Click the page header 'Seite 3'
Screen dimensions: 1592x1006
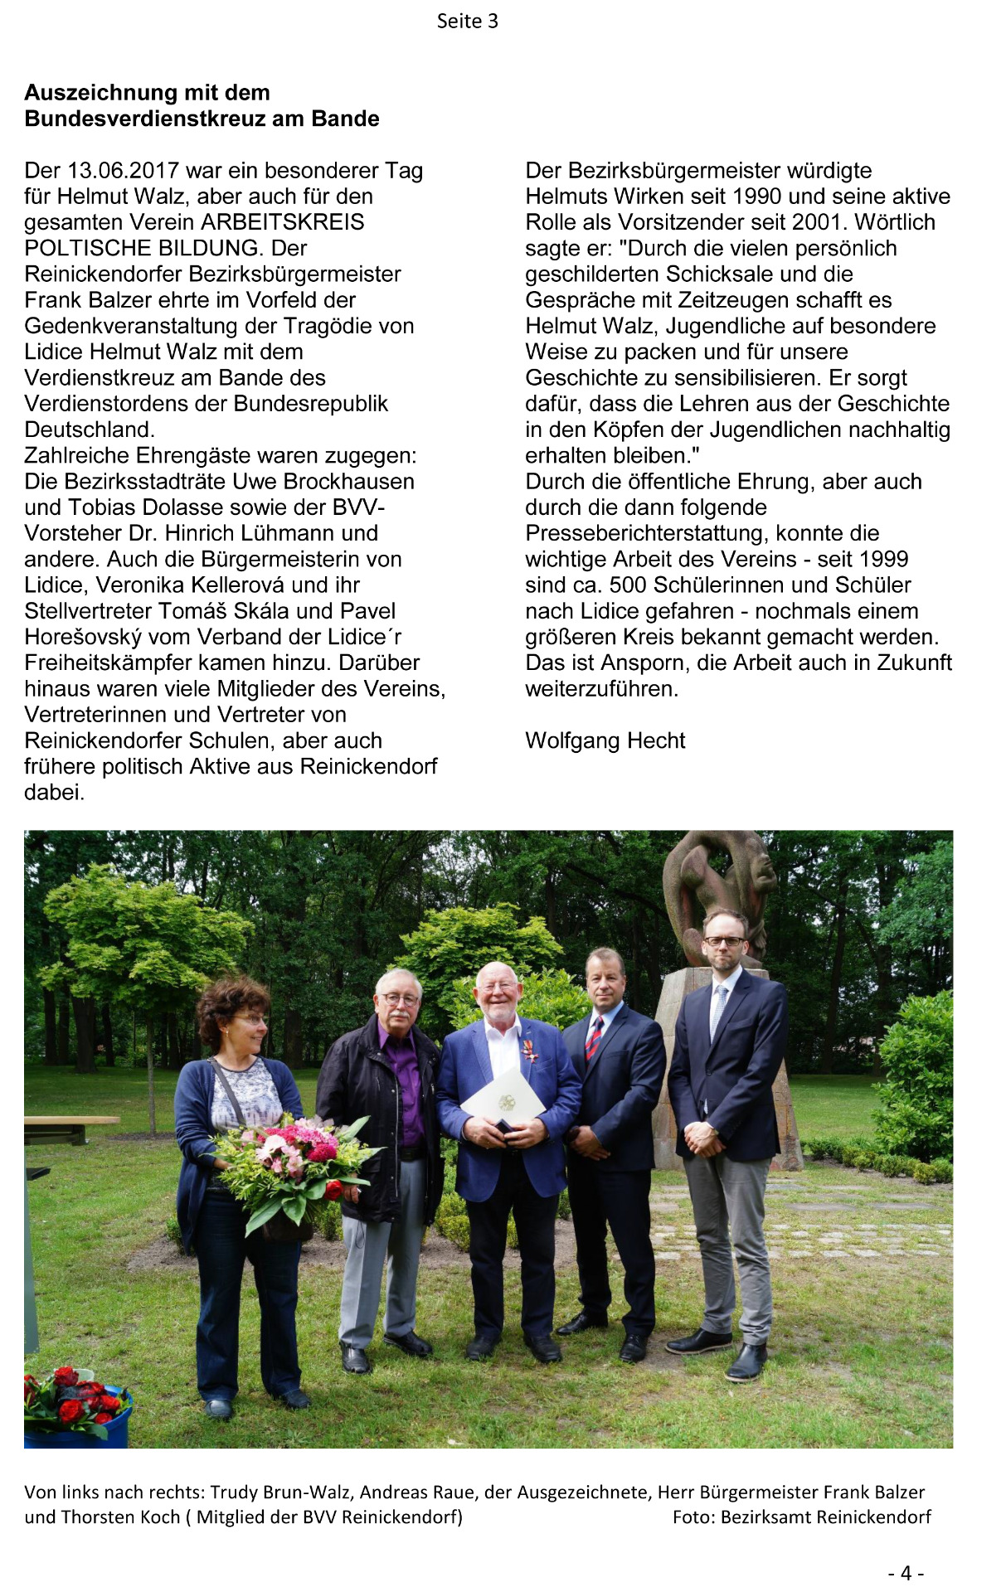point(467,22)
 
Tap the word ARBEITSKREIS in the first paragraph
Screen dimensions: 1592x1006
point(283,222)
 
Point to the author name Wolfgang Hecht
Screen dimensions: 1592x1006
point(605,740)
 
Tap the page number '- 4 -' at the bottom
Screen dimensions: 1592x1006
point(905,1573)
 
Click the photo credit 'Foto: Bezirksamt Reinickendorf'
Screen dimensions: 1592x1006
point(801,1517)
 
